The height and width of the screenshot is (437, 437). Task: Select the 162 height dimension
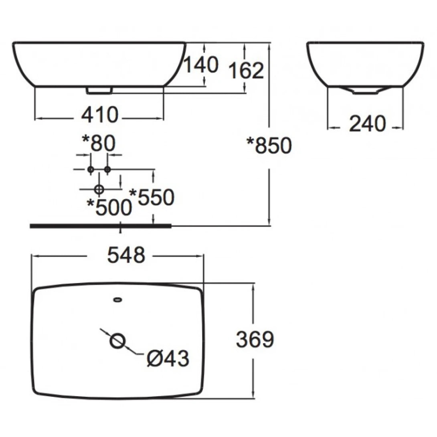246,71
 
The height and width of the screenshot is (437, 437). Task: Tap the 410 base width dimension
100,115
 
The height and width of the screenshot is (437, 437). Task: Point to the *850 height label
269,146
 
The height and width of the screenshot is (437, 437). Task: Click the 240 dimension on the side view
367,123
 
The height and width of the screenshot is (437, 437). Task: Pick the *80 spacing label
99,143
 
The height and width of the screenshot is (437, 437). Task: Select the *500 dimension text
109,207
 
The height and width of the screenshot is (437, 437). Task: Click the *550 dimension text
152,197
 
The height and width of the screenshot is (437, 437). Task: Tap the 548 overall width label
126,255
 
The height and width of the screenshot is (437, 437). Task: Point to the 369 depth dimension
255,340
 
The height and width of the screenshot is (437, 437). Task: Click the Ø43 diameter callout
168,358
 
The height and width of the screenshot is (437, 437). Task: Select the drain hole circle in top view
118,341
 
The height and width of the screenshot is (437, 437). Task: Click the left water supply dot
91,170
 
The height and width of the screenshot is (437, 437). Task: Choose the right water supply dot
107,170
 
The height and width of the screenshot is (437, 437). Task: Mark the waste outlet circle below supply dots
99,188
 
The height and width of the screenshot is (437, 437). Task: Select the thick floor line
100,226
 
